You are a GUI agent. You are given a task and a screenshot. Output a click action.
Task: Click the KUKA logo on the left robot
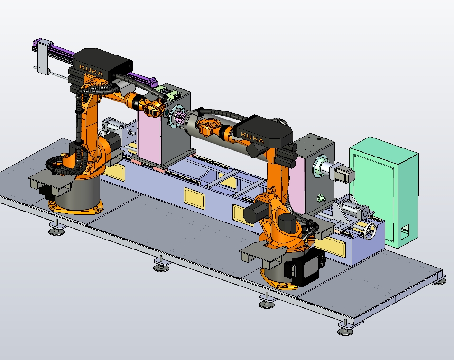coord(91,70)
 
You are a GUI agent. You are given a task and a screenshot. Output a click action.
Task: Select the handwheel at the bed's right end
coord(371,231)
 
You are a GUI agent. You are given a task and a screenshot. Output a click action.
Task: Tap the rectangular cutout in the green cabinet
coord(405,232)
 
